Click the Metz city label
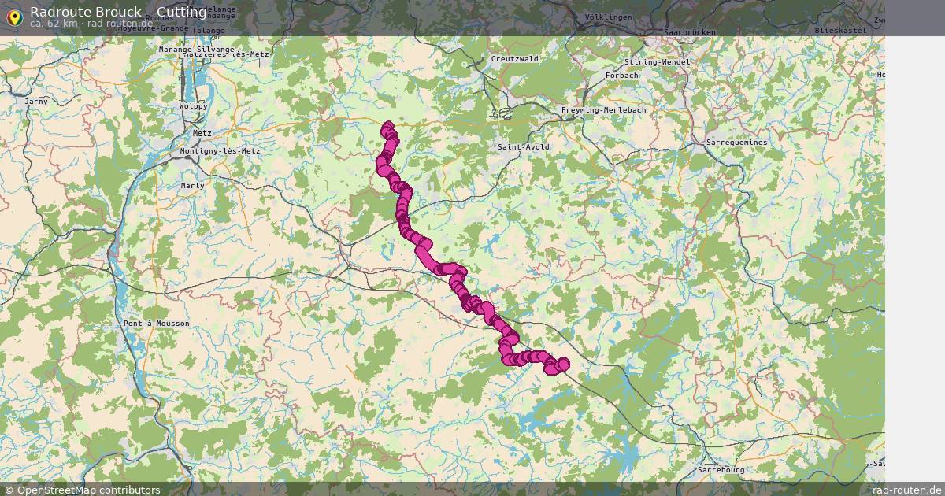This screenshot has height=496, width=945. pos(202,134)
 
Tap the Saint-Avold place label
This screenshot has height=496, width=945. pos(524,147)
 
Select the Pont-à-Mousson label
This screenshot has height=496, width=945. pos(156,324)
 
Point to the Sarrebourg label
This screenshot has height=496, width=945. pos(721,470)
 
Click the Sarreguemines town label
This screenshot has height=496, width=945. pos(736,143)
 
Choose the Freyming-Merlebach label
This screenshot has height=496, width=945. pos(603,110)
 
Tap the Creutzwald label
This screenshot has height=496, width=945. pos(514,59)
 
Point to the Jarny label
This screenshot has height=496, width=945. pos(36,102)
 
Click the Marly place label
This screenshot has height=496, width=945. pos(192,186)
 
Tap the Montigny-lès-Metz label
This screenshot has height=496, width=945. pos(220,151)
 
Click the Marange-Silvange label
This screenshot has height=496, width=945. pos(196,50)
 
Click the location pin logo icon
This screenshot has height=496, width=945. pos(13,17)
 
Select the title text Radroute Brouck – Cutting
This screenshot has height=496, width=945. pos(118,12)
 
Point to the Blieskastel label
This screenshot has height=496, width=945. pos(840,30)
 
